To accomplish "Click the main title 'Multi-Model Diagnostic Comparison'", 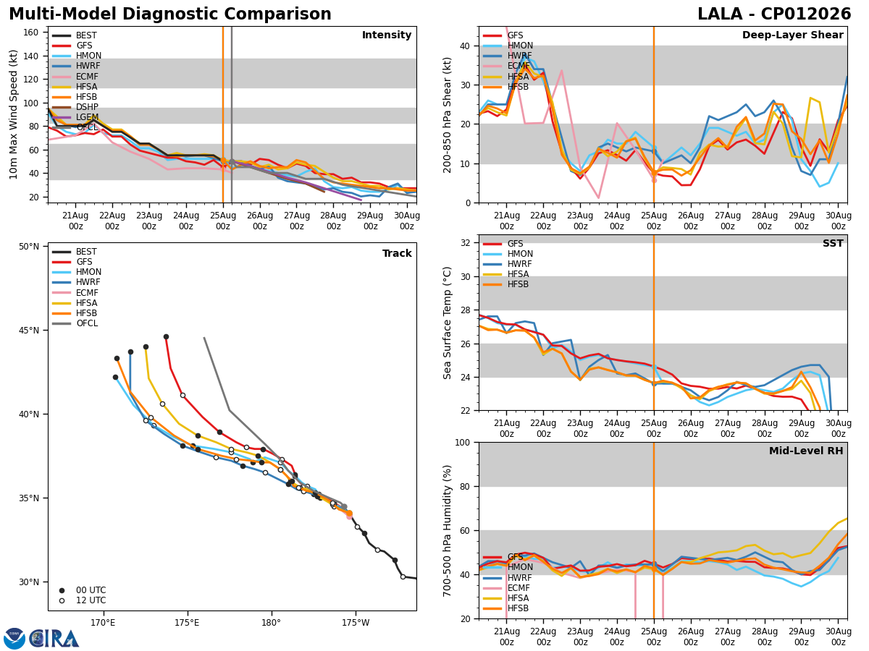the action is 170,14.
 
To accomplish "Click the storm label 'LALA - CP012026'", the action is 774,14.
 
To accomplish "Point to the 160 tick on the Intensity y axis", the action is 30,33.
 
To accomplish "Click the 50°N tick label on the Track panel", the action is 29,247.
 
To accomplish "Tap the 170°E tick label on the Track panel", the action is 103,623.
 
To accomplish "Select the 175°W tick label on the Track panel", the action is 356,623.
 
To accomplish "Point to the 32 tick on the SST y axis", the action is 465,243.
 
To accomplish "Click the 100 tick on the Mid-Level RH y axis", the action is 463,443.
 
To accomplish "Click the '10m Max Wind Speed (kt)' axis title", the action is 13,114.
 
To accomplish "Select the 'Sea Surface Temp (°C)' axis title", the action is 447,323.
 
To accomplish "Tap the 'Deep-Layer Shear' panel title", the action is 792,35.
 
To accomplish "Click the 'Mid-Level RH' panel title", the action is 806,451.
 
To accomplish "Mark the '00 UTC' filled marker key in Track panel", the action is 62,590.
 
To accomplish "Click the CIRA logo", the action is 41,638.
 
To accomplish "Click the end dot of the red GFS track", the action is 167,337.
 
